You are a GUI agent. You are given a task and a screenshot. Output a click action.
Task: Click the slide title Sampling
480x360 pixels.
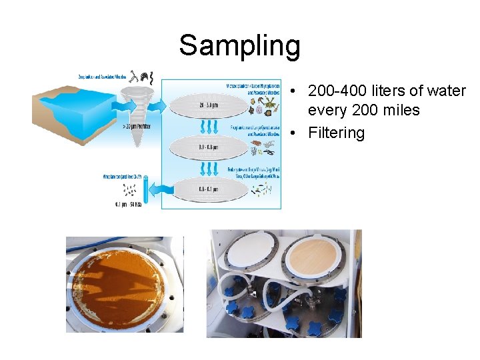[239, 46]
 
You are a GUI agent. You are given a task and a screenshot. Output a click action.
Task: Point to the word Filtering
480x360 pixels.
[337, 133]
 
